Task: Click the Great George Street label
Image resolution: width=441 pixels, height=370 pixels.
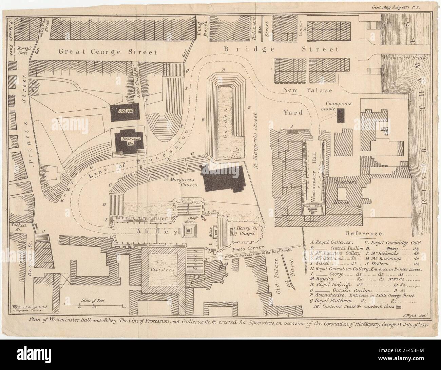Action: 108,52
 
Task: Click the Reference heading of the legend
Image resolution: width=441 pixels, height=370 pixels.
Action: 365,234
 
